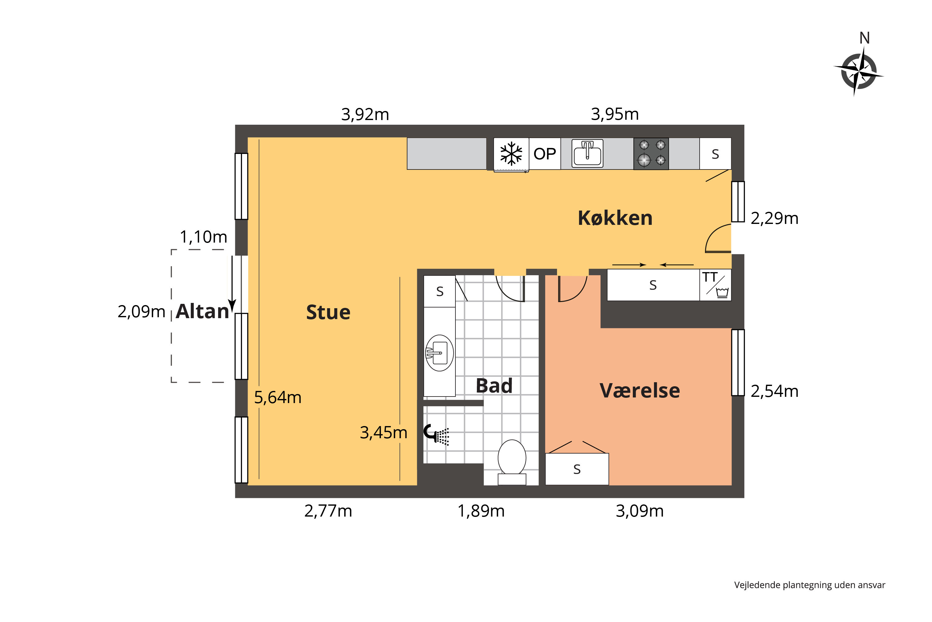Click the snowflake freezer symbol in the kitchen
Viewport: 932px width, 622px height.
(x=511, y=154)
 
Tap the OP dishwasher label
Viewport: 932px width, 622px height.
(x=545, y=154)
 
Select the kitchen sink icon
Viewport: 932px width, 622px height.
(x=587, y=154)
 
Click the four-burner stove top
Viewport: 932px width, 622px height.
(x=651, y=154)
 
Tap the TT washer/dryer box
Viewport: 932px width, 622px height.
(x=715, y=285)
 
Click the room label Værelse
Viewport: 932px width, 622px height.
(x=640, y=391)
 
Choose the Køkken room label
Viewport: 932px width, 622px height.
(x=615, y=218)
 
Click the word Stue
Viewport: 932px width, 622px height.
(x=328, y=312)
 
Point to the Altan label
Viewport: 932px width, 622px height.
(x=203, y=311)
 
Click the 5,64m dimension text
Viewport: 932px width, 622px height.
(x=277, y=397)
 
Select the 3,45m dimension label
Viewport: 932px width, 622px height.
(x=383, y=432)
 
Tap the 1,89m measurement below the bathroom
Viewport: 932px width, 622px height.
(x=481, y=511)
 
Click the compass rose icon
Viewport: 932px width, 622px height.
(x=858, y=72)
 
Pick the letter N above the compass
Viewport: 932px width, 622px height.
(x=864, y=38)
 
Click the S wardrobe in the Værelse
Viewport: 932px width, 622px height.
(x=577, y=469)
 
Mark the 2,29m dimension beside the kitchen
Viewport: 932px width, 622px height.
(x=774, y=219)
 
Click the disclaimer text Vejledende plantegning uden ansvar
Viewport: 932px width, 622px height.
(x=809, y=585)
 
